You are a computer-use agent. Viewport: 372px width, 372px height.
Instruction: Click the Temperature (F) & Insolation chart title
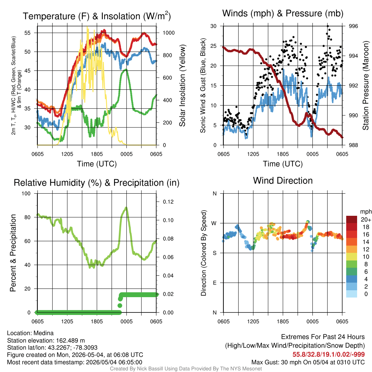click(97, 16)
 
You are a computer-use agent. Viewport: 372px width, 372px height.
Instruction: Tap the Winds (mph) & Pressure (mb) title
click(283, 13)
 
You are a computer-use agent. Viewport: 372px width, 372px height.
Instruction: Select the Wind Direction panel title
click(283, 181)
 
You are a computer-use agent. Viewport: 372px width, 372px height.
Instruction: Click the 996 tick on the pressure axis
click(353, 26)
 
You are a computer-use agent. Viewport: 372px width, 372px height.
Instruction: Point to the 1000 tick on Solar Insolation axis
click(169, 33)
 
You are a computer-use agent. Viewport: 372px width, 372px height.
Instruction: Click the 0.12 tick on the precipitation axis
click(168, 202)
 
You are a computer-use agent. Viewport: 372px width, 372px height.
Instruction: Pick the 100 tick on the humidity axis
click(26, 193)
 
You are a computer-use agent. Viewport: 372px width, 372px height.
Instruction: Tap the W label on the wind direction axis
click(214, 223)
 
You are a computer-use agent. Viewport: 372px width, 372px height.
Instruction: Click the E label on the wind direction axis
click(215, 283)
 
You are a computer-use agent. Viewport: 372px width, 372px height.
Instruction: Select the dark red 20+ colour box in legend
click(352, 219)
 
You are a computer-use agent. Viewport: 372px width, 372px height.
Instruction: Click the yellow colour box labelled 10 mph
click(352, 257)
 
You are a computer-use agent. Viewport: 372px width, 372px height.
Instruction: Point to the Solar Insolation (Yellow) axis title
click(182, 85)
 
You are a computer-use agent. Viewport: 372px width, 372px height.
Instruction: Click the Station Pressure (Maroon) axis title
click(366, 85)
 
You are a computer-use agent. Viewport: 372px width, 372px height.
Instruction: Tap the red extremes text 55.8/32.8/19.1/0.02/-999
click(328, 355)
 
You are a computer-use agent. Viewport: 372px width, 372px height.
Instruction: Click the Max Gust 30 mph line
click(308, 362)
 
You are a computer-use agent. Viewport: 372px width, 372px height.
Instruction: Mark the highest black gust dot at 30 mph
click(328, 26)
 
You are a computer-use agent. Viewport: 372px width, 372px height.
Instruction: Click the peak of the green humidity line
click(126, 208)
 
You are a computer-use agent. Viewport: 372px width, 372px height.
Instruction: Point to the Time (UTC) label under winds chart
click(283, 164)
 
